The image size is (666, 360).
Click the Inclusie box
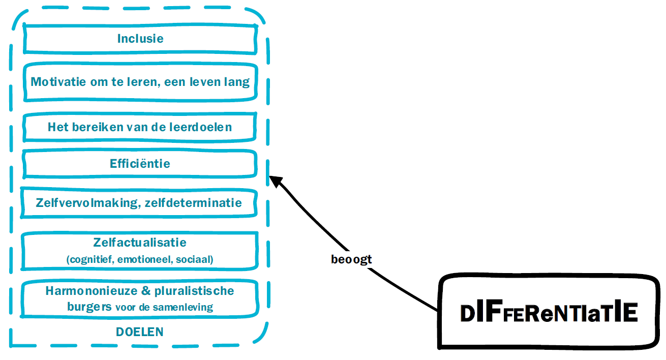click(140, 39)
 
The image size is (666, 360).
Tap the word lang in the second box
click(237, 81)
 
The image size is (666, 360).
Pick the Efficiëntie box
click(140, 164)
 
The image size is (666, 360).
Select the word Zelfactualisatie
click(140, 243)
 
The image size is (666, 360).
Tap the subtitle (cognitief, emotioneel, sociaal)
click(140, 259)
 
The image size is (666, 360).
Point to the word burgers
click(89, 307)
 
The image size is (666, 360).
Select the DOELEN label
click(140, 332)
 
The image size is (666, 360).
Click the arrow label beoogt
click(351, 259)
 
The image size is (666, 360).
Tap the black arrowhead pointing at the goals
click(275, 181)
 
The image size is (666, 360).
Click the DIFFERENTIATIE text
click(549, 312)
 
